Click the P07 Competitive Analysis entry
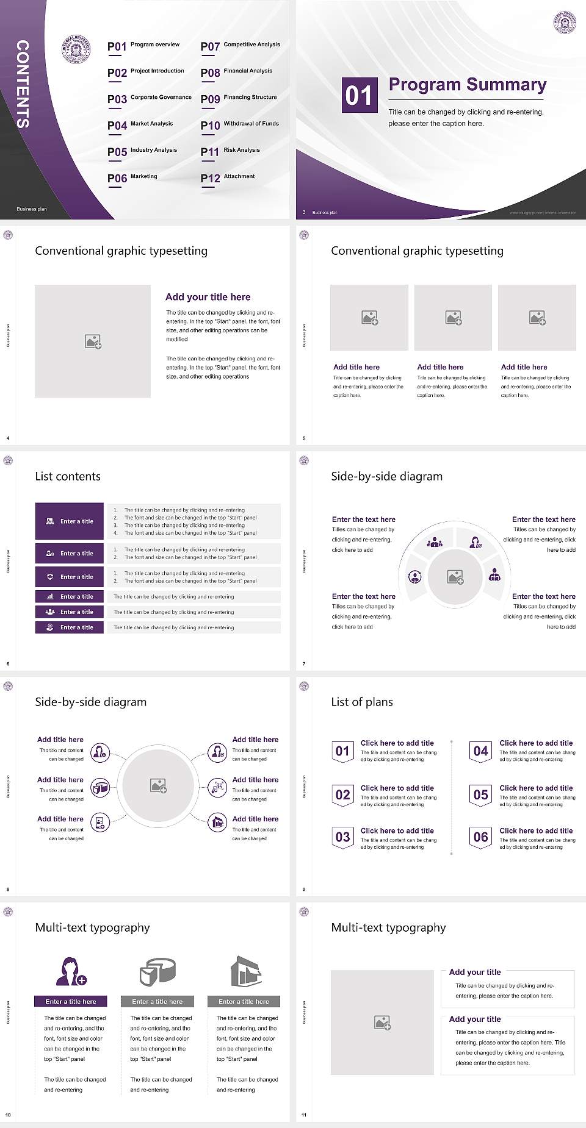240,46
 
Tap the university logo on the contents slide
76,49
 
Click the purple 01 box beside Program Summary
359,95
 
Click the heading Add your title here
208,297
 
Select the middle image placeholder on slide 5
453,317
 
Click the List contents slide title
68,476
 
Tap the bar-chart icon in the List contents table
50,596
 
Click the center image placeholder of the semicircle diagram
455,576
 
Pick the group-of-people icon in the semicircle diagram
435,541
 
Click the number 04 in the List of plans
481,751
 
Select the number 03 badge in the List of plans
342,837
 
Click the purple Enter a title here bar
71,1001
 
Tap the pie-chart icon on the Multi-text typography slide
157,971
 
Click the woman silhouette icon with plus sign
71,971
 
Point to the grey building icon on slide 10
245,971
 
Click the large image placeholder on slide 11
382,1022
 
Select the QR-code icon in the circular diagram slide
217,787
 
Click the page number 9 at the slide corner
304,889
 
